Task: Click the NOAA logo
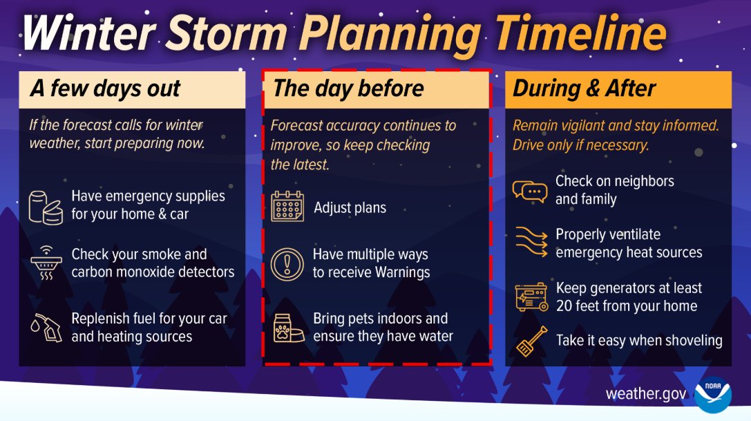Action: (x=712, y=394)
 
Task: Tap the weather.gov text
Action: (x=646, y=394)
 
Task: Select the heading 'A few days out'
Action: (x=105, y=89)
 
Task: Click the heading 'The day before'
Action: (x=348, y=89)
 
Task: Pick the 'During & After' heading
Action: (x=584, y=89)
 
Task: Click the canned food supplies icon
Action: (x=46, y=205)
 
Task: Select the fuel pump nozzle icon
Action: (x=46, y=328)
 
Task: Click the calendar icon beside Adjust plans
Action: (x=287, y=207)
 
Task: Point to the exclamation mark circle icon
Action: (x=287, y=264)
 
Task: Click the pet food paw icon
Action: (x=287, y=328)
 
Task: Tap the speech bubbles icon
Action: (x=530, y=190)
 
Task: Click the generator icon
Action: (x=531, y=297)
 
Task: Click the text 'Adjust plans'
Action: (x=350, y=207)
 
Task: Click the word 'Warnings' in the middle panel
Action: (x=401, y=272)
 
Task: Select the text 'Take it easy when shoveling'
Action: (x=639, y=340)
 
